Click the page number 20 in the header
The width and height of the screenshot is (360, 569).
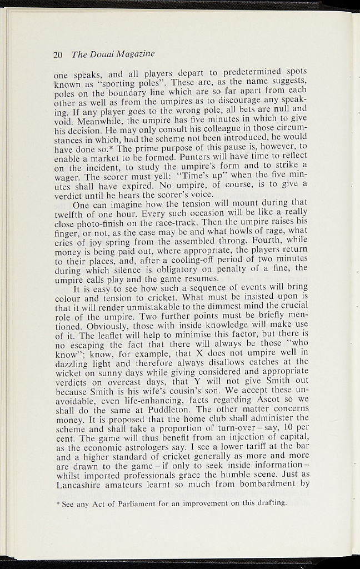tap(57, 54)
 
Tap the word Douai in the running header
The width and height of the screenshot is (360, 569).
tap(101, 54)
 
